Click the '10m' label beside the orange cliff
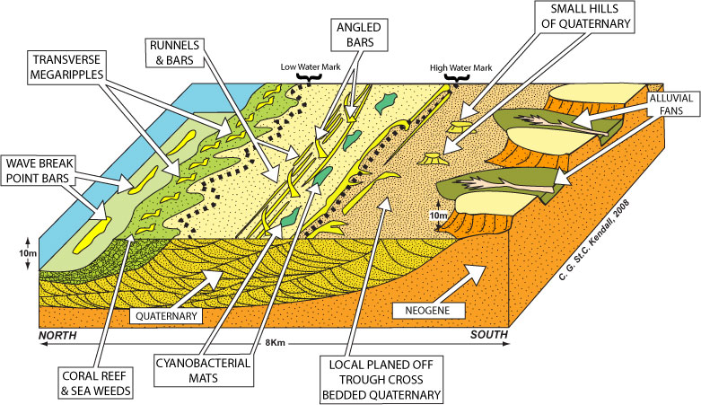pyautogui.click(x=436, y=216)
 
